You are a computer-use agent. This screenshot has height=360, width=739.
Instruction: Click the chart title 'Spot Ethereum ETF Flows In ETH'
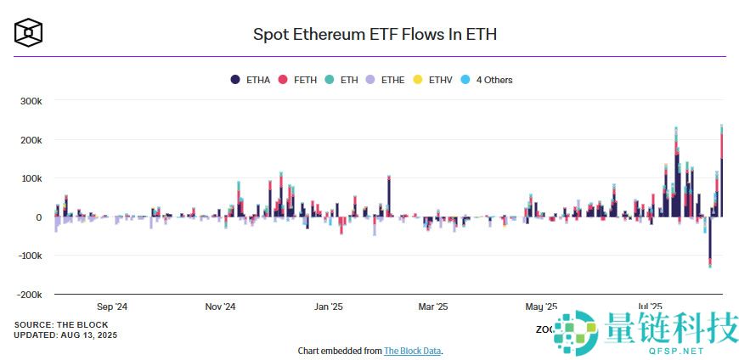(x=375, y=35)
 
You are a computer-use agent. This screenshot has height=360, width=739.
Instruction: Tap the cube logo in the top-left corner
(x=29, y=33)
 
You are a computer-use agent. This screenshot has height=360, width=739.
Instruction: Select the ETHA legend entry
(x=251, y=80)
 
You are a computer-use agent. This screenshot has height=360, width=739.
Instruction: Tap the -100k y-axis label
(x=28, y=256)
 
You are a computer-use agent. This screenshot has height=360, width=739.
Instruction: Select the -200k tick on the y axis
(x=28, y=295)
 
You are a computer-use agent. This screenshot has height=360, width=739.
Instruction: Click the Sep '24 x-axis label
(x=112, y=307)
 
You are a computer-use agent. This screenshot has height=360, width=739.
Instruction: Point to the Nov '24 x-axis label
(x=220, y=307)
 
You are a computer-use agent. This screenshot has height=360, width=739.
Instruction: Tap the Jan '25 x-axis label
(x=328, y=307)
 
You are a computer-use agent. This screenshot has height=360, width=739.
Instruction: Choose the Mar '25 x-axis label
(x=432, y=307)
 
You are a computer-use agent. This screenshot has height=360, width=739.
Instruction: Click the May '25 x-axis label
(x=541, y=307)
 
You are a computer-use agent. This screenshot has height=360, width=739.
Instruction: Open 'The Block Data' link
(x=412, y=351)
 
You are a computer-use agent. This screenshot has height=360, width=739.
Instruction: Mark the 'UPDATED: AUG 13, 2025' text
(x=65, y=335)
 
